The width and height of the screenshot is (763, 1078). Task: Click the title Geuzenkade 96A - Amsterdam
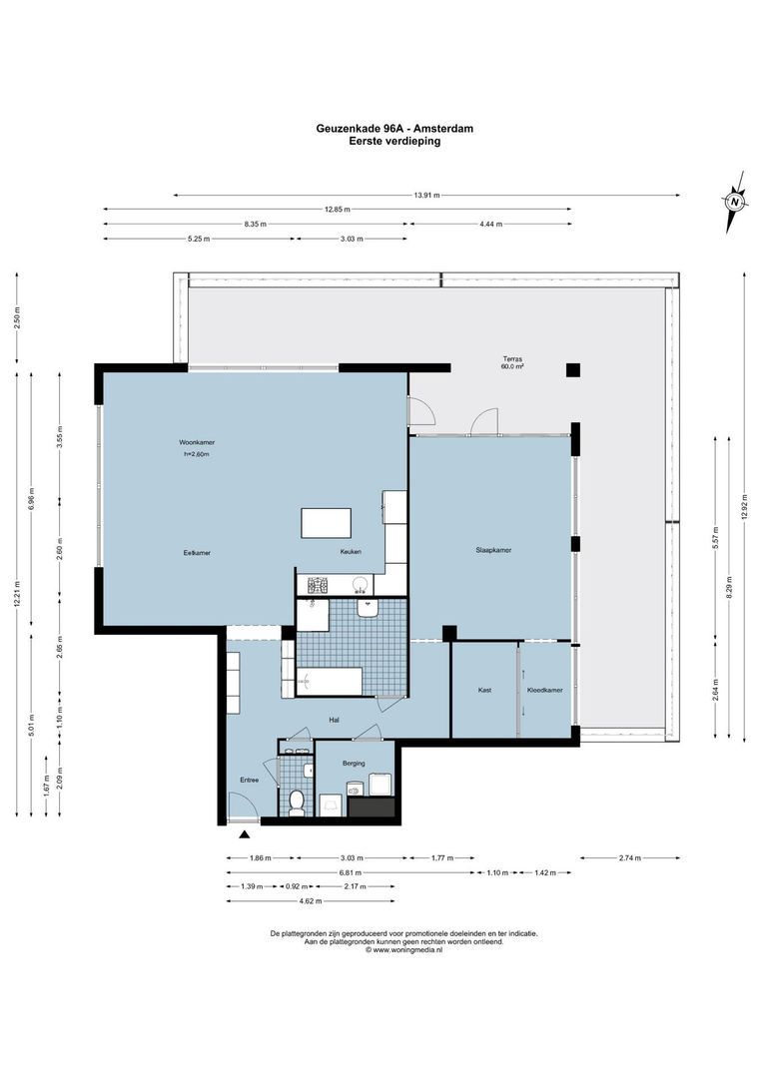click(394, 129)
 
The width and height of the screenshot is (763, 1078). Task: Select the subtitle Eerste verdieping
click(394, 142)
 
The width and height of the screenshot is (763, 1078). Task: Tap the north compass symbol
click(735, 201)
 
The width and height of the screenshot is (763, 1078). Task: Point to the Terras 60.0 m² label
click(512, 362)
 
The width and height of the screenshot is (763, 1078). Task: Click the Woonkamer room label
click(197, 441)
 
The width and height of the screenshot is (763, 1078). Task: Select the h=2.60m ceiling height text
click(196, 454)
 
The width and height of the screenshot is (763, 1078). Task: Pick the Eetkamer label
click(197, 552)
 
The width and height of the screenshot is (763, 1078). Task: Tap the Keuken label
click(350, 552)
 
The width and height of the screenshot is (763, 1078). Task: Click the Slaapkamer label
click(493, 549)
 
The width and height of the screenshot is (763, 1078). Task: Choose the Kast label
click(484, 690)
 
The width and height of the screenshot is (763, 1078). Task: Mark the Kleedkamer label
click(545, 690)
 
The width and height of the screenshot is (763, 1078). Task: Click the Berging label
click(354, 763)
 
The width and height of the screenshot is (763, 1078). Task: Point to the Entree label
click(250, 780)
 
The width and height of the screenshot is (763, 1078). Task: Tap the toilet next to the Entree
click(296, 801)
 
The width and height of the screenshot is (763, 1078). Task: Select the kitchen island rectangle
click(327, 523)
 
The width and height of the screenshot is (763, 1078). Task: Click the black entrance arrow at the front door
click(245, 833)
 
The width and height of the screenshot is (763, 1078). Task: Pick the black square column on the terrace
click(572, 370)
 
